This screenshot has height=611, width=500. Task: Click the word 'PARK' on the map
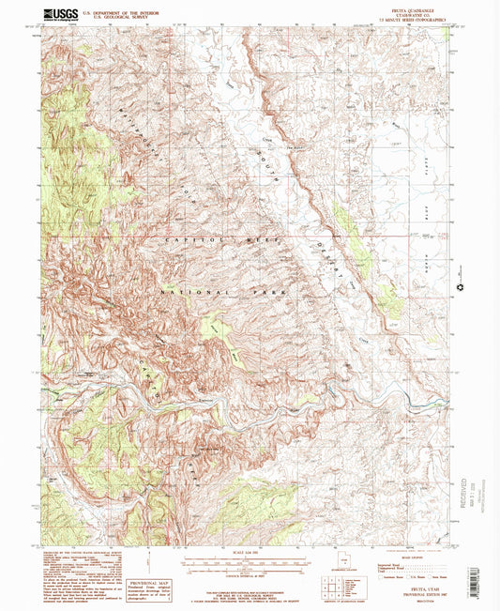(x=270, y=294)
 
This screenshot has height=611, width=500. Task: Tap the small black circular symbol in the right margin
(x=461, y=288)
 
